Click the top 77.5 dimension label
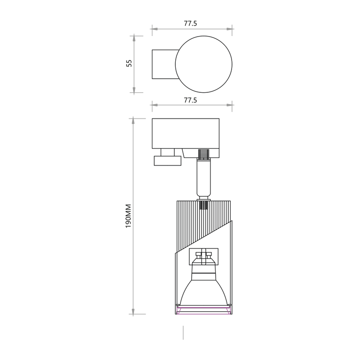click(190, 23)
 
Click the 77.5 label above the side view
click(190, 100)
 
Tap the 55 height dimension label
click(129, 63)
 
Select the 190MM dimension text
click(128, 216)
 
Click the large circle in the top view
click(203, 36)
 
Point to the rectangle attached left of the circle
click(152, 64)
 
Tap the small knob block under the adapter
click(168, 161)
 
